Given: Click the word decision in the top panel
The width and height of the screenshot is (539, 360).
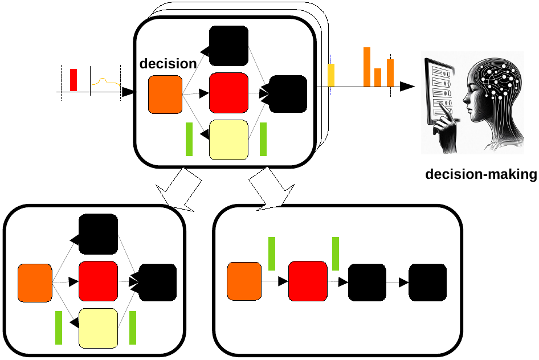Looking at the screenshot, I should [x=168, y=63].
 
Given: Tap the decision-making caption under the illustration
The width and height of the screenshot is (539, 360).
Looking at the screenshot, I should [x=481, y=174].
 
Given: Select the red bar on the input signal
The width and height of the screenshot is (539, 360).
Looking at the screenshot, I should [x=73, y=80].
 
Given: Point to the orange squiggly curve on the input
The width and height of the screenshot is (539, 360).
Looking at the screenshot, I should [x=106, y=82].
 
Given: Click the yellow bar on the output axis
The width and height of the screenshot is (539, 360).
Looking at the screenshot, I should [x=331, y=75].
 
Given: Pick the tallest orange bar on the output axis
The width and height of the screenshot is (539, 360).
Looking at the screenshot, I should [x=367, y=67].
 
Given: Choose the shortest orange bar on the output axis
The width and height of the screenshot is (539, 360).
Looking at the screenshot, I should [x=378, y=77].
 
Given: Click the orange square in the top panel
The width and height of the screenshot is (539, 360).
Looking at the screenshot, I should [x=165, y=94].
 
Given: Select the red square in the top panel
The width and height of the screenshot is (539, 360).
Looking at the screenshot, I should [x=228, y=93].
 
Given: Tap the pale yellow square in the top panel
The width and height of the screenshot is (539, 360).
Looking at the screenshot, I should [x=228, y=140].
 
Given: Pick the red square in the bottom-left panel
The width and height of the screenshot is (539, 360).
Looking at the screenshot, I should [x=98, y=281].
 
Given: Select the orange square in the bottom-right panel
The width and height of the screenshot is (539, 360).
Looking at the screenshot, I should [x=244, y=281].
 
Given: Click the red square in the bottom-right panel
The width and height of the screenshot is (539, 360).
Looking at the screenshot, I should [x=308, y=281].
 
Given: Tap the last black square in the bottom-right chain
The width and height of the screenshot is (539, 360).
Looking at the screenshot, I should [x=427, y=282].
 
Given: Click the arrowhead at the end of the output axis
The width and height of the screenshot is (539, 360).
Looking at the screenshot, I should [x=407, y=87].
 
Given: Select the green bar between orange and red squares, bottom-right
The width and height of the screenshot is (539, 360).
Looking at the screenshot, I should [x=272, y=253].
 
